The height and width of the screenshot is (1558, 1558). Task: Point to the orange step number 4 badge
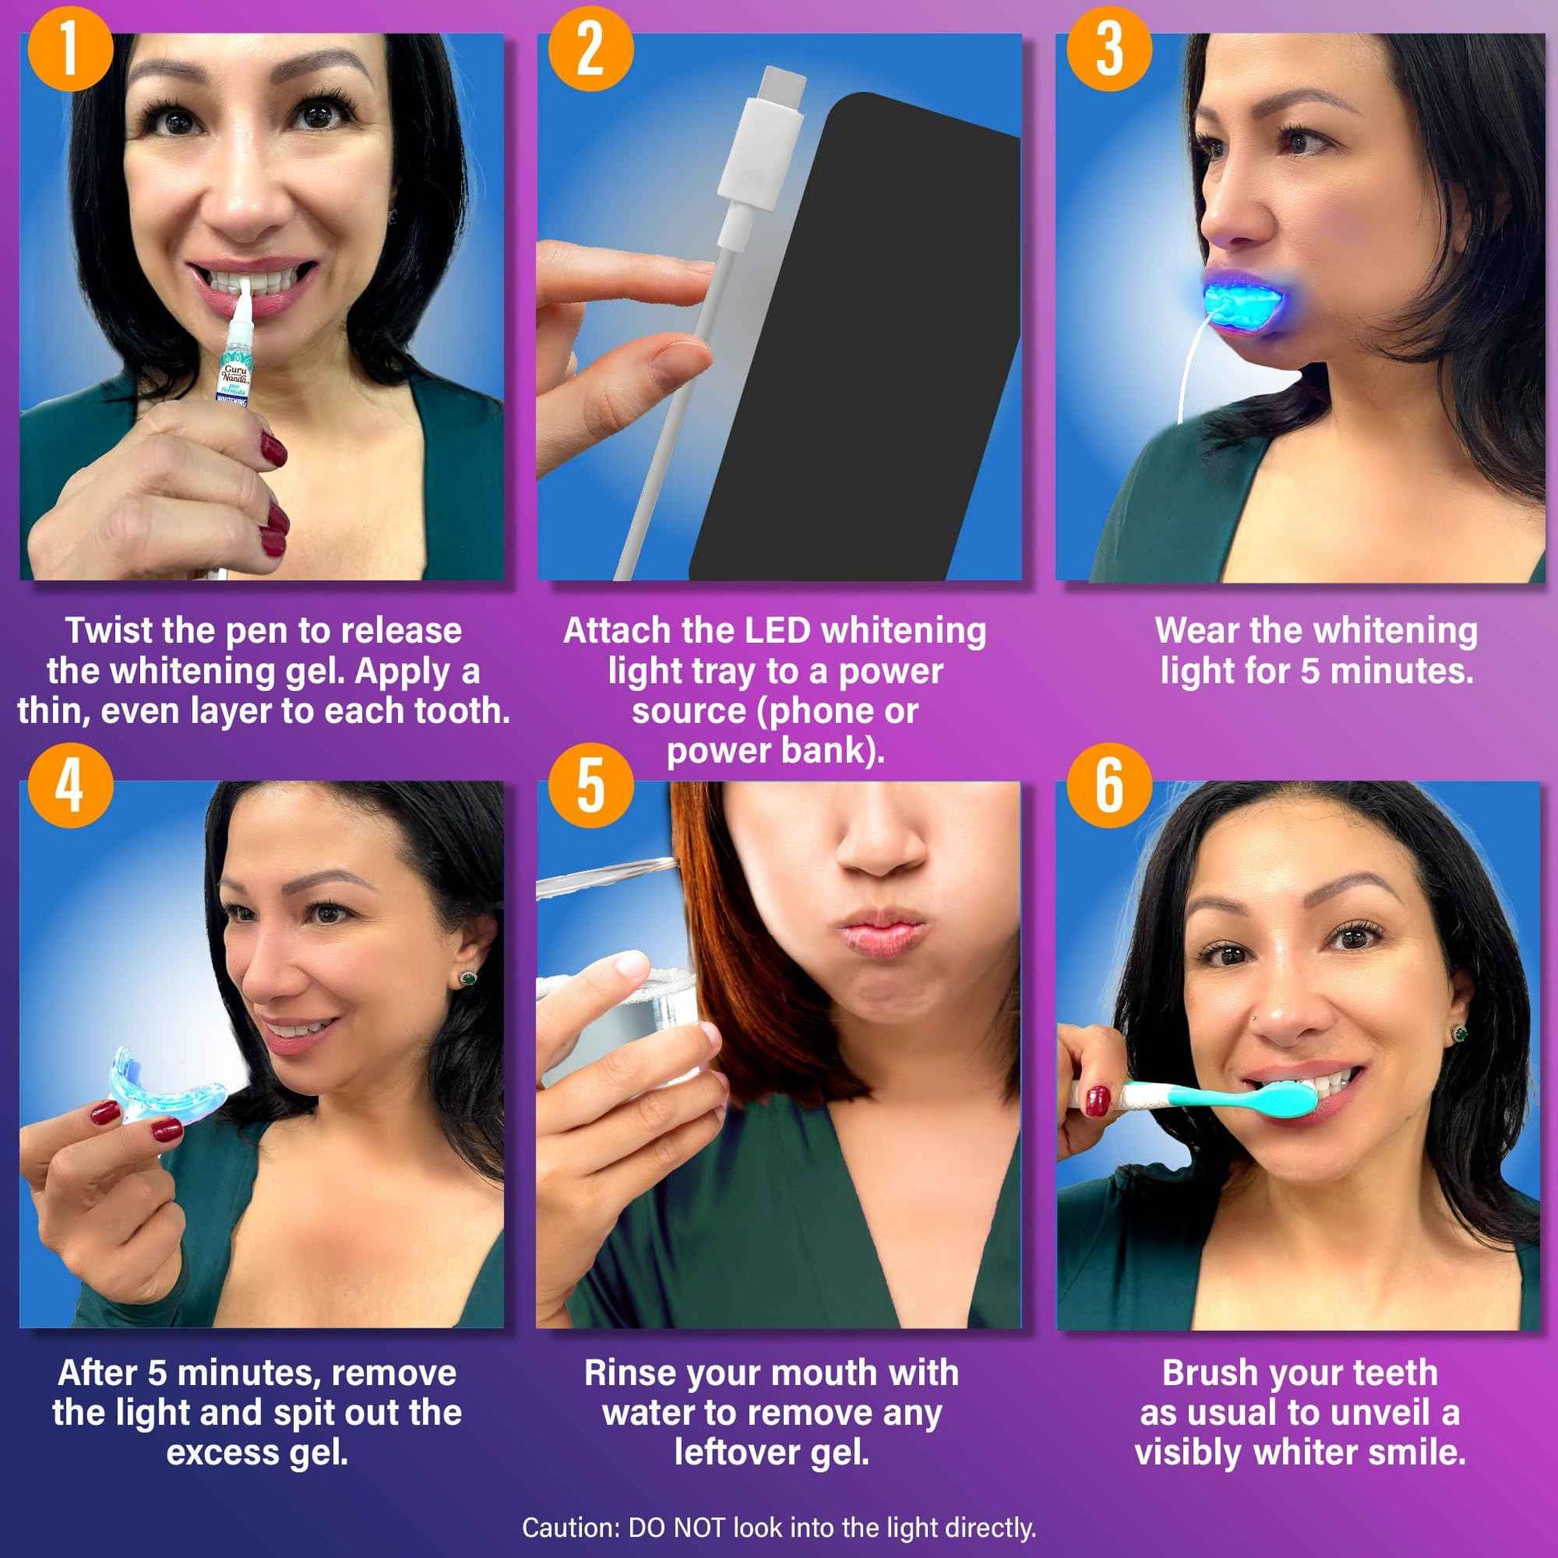pos(70,786)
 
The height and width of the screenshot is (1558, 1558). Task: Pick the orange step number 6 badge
pos(1109,786)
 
